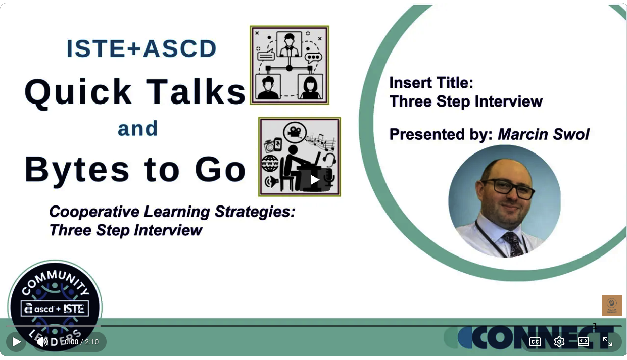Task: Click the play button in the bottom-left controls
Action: (x=16, y=341)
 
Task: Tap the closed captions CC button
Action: (x=535, y=341)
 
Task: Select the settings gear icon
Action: (x=559, y=341)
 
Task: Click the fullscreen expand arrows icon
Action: (x=607, y=341)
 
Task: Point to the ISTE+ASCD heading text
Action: (x=141, y=48)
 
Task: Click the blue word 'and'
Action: (x=138, y=129)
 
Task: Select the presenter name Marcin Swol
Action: (x=544, y=134)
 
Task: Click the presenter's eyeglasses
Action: (x=508, y=189)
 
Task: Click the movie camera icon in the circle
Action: (x=295, y=132)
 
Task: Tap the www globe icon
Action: (x=270, y=163)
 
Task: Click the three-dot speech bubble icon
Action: (x=313, y=58)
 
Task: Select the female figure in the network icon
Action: (x=310, y=87)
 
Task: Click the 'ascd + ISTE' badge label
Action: (x=55, y=308)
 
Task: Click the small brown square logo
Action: (x=612, y=305)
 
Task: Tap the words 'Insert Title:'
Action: (x=431, y=83)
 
